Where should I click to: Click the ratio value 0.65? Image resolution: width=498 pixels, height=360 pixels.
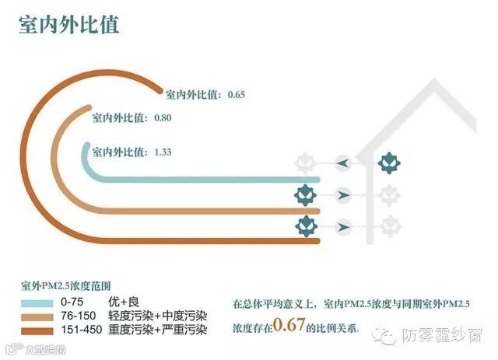click(x=237, y=95)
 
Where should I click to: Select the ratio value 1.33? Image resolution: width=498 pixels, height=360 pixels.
click(x=163, y=152)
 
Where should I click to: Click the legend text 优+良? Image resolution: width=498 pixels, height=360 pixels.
click(x=124, y=301)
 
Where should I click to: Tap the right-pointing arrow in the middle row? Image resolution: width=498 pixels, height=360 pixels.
click(x=343, y=194)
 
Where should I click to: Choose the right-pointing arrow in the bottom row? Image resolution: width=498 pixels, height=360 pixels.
click(x=343, y=226)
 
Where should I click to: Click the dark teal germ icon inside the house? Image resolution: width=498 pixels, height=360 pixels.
click(x=388, y=163)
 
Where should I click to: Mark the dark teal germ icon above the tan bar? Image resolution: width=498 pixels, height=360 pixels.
click(x=305, y=194)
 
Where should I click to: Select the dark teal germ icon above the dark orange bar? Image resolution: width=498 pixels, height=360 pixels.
click(x=305, y=226)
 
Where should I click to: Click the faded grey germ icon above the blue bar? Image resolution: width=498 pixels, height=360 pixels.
click(x=305, y=163)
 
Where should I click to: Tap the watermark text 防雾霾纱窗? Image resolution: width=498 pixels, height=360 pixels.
click(x=442, y=335)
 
